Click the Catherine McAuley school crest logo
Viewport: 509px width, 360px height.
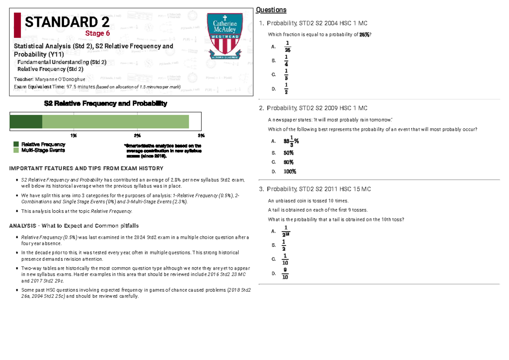(224, 36)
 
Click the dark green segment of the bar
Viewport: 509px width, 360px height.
(26, 122)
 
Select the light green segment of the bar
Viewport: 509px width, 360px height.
(115, 122)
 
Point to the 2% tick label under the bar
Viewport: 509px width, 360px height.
(137, 136)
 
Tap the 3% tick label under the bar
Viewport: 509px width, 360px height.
(201, 136)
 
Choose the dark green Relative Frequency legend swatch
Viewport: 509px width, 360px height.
(16, 145)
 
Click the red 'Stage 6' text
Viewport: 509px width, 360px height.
(98, 33)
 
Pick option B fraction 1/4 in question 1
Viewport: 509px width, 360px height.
(287, 60)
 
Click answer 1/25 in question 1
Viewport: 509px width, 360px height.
(287, 46)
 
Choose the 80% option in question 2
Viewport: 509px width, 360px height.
(289, 162)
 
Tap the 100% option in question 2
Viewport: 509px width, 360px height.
(290, 171)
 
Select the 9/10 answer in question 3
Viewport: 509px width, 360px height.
(285, 273)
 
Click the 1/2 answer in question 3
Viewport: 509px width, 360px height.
(284, 245)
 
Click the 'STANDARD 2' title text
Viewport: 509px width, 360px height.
(67, 22)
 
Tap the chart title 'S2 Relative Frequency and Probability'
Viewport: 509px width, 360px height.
(106, 103)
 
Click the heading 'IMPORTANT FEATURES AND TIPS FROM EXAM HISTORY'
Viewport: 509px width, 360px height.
(86, 168)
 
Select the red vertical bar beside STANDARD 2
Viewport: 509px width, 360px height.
(17, 25)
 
